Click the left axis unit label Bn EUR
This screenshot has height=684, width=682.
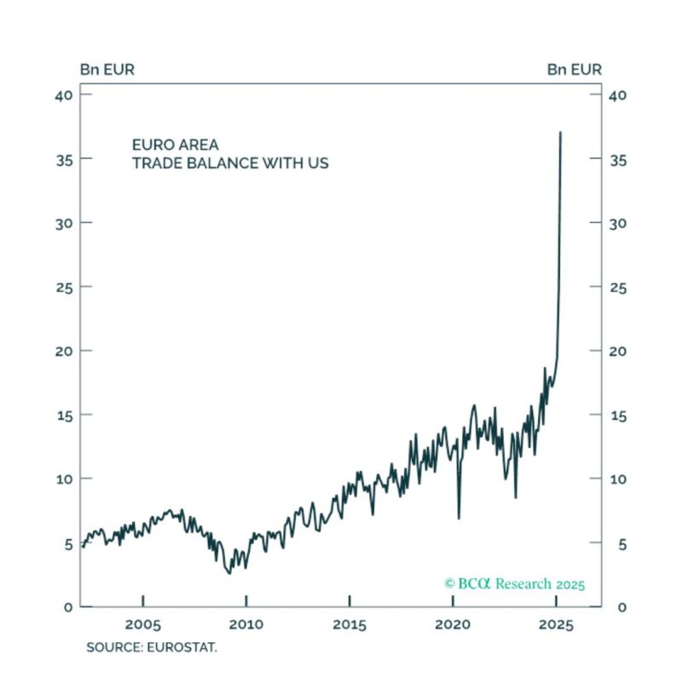(107, 69)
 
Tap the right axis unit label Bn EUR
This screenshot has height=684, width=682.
(574, 69)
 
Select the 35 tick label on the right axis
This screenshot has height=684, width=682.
(618, 159)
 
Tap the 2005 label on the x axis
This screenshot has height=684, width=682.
(142, 624)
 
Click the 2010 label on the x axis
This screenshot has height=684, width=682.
(246, 624)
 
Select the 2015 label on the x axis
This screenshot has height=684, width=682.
(350, 624)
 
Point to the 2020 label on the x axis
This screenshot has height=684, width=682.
(453, 624)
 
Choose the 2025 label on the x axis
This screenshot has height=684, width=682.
(556, 624)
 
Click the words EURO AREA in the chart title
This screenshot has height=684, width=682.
(175, 145)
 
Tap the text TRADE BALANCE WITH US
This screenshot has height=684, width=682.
(229, 163)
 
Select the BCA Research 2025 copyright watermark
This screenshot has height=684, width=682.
(514, 584)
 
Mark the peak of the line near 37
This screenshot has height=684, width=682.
(560, 132)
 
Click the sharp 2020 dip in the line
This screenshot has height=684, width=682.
(459, 518)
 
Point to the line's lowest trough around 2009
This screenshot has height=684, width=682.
(228, 572)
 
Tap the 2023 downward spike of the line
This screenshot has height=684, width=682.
(515, 497)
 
